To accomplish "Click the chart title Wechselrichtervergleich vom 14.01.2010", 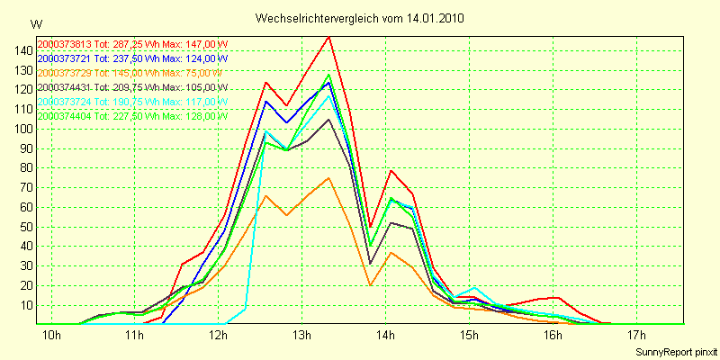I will [x=360, y=18].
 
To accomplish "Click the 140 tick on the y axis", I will [x=20, y=50].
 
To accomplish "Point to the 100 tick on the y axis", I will [x=20, y=129].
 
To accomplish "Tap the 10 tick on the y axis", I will [x=22, y=305].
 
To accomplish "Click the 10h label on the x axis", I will [x=52, y=337].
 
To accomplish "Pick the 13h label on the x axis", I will [x=302, y=337].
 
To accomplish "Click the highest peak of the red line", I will [x=328, y=37].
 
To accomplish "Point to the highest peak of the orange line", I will [x=328, y=177].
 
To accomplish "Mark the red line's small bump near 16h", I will [x=558, y=297].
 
